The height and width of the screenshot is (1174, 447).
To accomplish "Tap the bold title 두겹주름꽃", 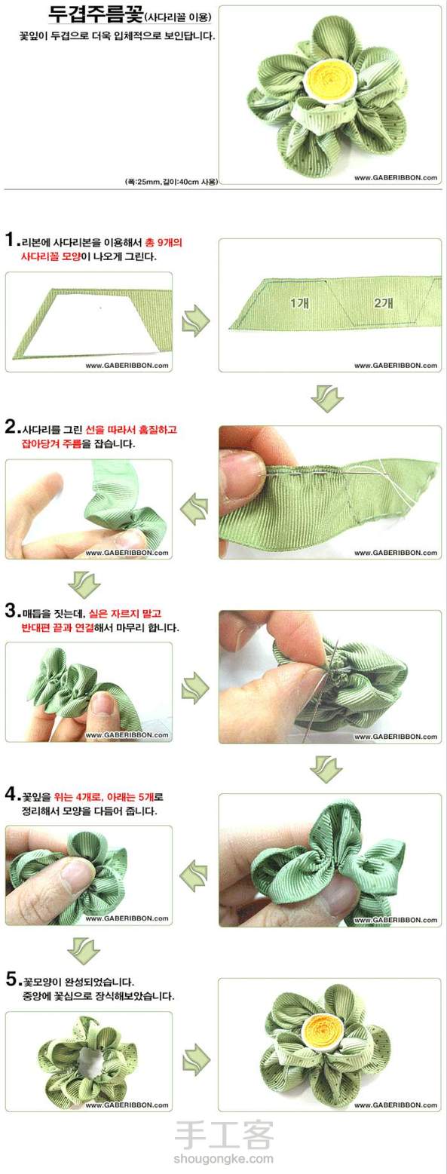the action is click(x=95, y=14).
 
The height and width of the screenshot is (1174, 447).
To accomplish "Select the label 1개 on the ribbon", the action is click(x=300, y=302).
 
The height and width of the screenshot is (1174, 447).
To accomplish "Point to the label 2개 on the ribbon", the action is click(x=384, y=302).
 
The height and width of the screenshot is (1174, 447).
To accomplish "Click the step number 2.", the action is click(x=11, y=427).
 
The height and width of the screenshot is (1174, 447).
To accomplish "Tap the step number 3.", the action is click(x=11, y=611).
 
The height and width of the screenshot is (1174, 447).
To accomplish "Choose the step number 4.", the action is click(x=11, y=795).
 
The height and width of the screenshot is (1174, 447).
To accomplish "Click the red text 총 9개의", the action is click(x=163, y=243).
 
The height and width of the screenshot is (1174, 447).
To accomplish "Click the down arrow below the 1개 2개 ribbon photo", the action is click(x=327, y=400).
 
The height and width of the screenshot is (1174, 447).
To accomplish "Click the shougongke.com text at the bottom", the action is click(x=224, y=1160).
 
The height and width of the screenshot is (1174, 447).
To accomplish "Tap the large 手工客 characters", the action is click(x=224, y=1136).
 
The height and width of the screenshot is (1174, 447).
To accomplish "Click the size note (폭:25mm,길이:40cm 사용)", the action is click(x=170, y=182).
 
